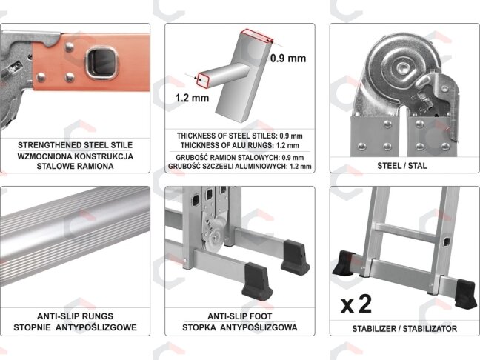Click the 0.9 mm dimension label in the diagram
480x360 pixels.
[x=288, y=59]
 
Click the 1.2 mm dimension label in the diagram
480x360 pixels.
[x=192, y=98]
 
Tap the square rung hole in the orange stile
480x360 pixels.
[x=101, y=63]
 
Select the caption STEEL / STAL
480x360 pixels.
[x=402, y=166]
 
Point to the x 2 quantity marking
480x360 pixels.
[x=356, y=304]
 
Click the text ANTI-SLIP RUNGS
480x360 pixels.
[x=75, y=316]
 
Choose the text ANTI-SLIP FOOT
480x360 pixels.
[x=240, y=316]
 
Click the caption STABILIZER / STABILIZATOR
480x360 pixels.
[x=404, y=329]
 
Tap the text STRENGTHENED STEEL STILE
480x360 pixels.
[x=76, y=145]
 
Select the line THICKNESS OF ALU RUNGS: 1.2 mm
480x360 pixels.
[x=240, y=145]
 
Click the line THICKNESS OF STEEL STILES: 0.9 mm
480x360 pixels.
[x=240, y=136]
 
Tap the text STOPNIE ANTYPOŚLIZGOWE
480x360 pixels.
[x=75, y=327]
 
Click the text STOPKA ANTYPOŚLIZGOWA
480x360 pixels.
[x=240, y=327]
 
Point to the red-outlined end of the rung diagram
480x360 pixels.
[x=203, y=81]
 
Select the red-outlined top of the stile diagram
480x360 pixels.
[x=257, y=36]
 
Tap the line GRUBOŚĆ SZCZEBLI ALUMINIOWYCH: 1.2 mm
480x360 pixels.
[x=240, y=167]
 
